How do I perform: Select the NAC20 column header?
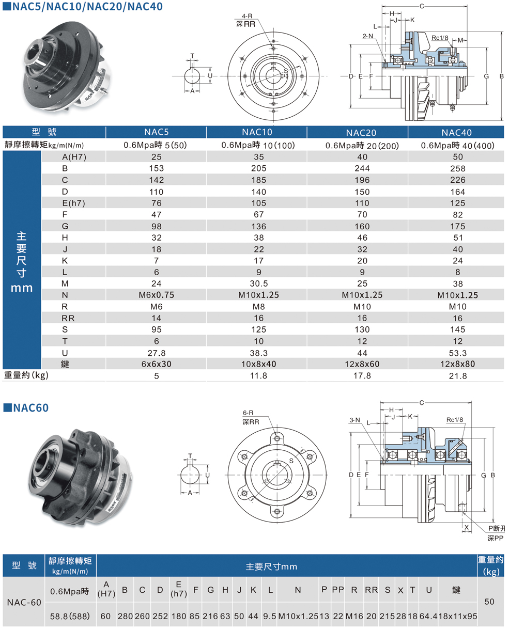click(362, 133)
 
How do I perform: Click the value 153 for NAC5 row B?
click(156, 168)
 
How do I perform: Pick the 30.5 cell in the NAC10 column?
click(259, 283)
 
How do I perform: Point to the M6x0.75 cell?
click(156, 295)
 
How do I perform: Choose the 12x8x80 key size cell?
click(458, 364)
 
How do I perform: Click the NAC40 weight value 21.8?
click(458, 376)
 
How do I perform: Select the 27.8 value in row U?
click(156, 353)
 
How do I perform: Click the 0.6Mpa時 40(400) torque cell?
click(458, 146)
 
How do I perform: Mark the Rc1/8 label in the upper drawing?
click(440, 38)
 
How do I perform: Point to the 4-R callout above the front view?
click(246, 17)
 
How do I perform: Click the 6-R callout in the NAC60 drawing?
click(248, 413)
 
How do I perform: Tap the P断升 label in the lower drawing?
click(497, 528)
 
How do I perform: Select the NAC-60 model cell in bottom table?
click(23, 602)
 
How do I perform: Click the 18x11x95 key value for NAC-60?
click(456, 616)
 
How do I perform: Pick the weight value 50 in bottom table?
click(490, 602)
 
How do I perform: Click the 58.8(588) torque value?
click(70, 616)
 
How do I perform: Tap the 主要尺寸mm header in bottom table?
click(271, 566)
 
